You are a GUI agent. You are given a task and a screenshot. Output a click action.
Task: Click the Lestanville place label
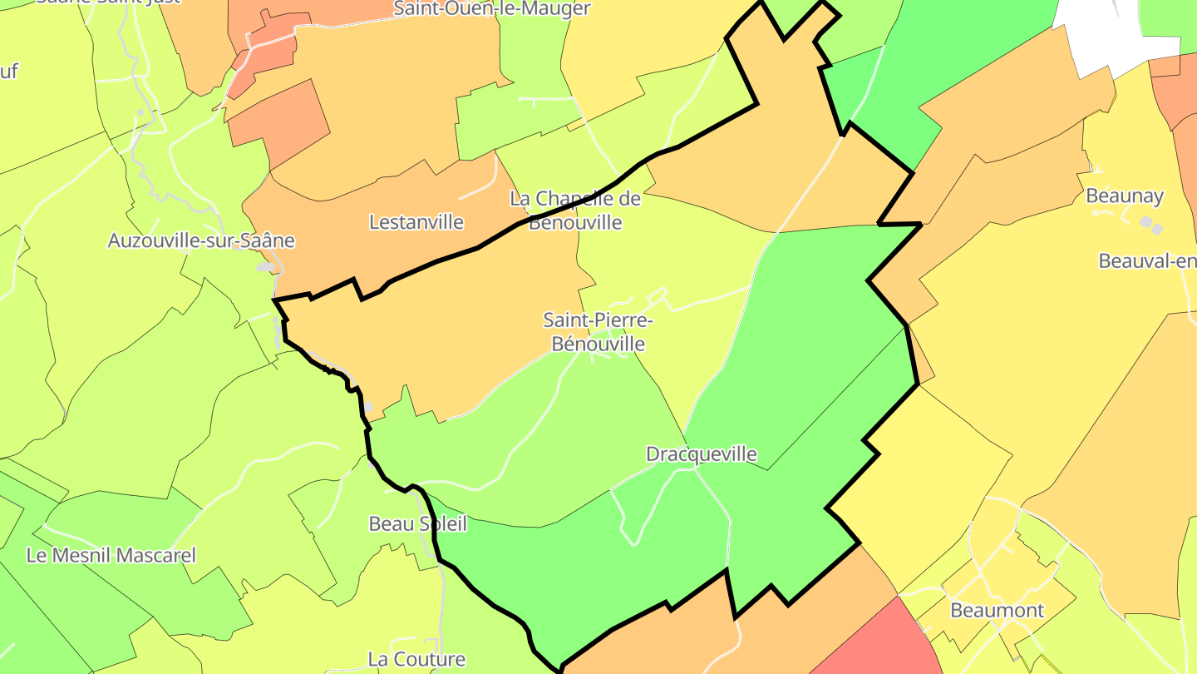[416, 222]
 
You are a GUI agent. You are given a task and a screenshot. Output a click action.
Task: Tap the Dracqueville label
[702, 454]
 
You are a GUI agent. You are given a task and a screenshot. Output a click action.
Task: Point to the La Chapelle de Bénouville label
[575, 211]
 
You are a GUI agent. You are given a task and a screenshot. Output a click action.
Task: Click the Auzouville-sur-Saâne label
[201, 240]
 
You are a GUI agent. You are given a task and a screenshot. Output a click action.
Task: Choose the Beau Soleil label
[417, 523]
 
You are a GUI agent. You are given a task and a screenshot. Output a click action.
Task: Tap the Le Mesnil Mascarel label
[111, 555]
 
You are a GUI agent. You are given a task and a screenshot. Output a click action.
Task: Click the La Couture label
[416, 659]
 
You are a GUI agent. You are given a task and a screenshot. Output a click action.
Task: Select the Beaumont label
[997, 610]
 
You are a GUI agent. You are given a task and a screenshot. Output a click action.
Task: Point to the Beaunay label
[1125, 196]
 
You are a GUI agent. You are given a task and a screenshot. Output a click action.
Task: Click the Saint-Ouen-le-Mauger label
[492, 9]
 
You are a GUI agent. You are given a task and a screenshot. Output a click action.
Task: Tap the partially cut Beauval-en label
[1147, 260]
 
